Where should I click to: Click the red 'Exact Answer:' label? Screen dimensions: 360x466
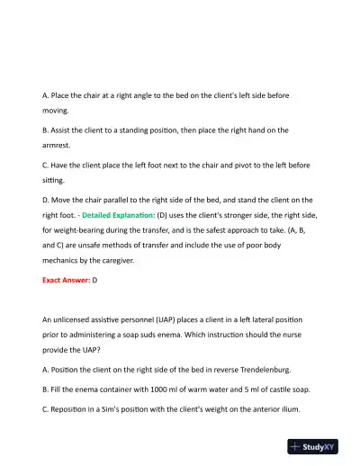point(66,281)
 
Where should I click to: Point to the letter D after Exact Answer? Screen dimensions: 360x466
point(95,281)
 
